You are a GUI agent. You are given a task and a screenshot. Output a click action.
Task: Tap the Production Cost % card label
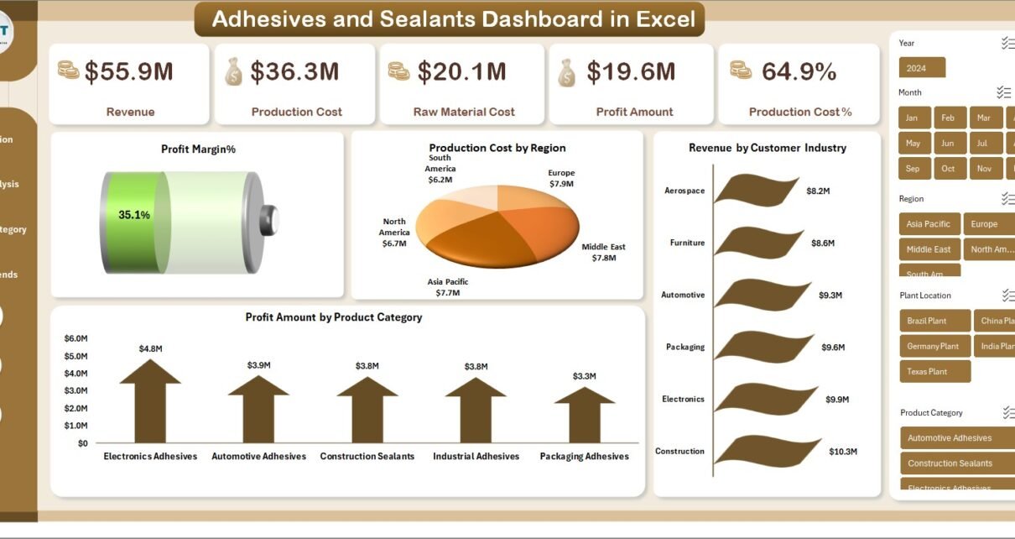point(799,112)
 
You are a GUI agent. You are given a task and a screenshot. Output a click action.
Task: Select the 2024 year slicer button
point(922,68)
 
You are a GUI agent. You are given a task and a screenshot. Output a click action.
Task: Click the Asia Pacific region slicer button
point(928,224)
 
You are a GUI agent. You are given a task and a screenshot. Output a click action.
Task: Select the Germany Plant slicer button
point(933,346)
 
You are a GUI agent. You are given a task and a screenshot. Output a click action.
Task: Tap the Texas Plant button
point(927,371)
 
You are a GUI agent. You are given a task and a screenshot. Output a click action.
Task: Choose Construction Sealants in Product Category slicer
point(950,463)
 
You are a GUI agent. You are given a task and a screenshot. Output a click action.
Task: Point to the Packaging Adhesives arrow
point(585,413)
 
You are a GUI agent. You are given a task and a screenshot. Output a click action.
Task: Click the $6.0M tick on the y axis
point(75,338)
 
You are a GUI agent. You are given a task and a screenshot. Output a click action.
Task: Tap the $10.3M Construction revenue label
point(842,452)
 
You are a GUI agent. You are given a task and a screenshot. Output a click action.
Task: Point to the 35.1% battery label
point(134,215)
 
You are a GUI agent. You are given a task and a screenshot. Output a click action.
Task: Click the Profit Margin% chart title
point(198,149)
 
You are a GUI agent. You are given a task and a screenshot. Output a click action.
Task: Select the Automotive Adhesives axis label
point(258,457)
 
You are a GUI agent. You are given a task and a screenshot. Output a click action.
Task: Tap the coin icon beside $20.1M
point(398,72)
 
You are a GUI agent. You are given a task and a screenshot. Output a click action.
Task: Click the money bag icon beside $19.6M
point(568,72)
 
